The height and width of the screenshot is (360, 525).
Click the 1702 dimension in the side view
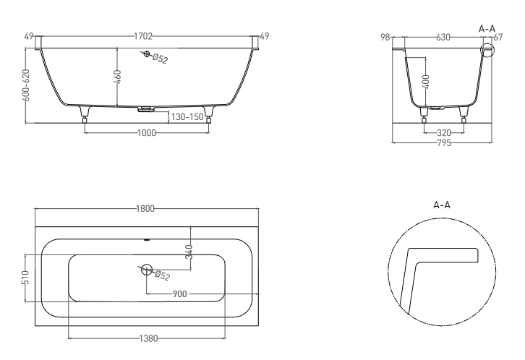[143, 36]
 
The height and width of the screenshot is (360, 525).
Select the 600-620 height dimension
[26, 85]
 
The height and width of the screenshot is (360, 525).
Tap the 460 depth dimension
[118, 77]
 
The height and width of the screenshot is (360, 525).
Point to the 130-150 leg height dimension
[187, 117]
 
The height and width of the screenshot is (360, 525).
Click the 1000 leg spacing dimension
[147, 133]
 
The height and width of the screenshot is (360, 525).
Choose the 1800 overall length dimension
[145, 209]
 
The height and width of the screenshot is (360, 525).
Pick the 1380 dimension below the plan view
[148, 338]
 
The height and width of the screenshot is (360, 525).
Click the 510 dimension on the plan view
[26, 278]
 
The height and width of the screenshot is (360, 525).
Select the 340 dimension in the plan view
[189, 252]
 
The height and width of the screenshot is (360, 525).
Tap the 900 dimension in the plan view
[180, 294]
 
